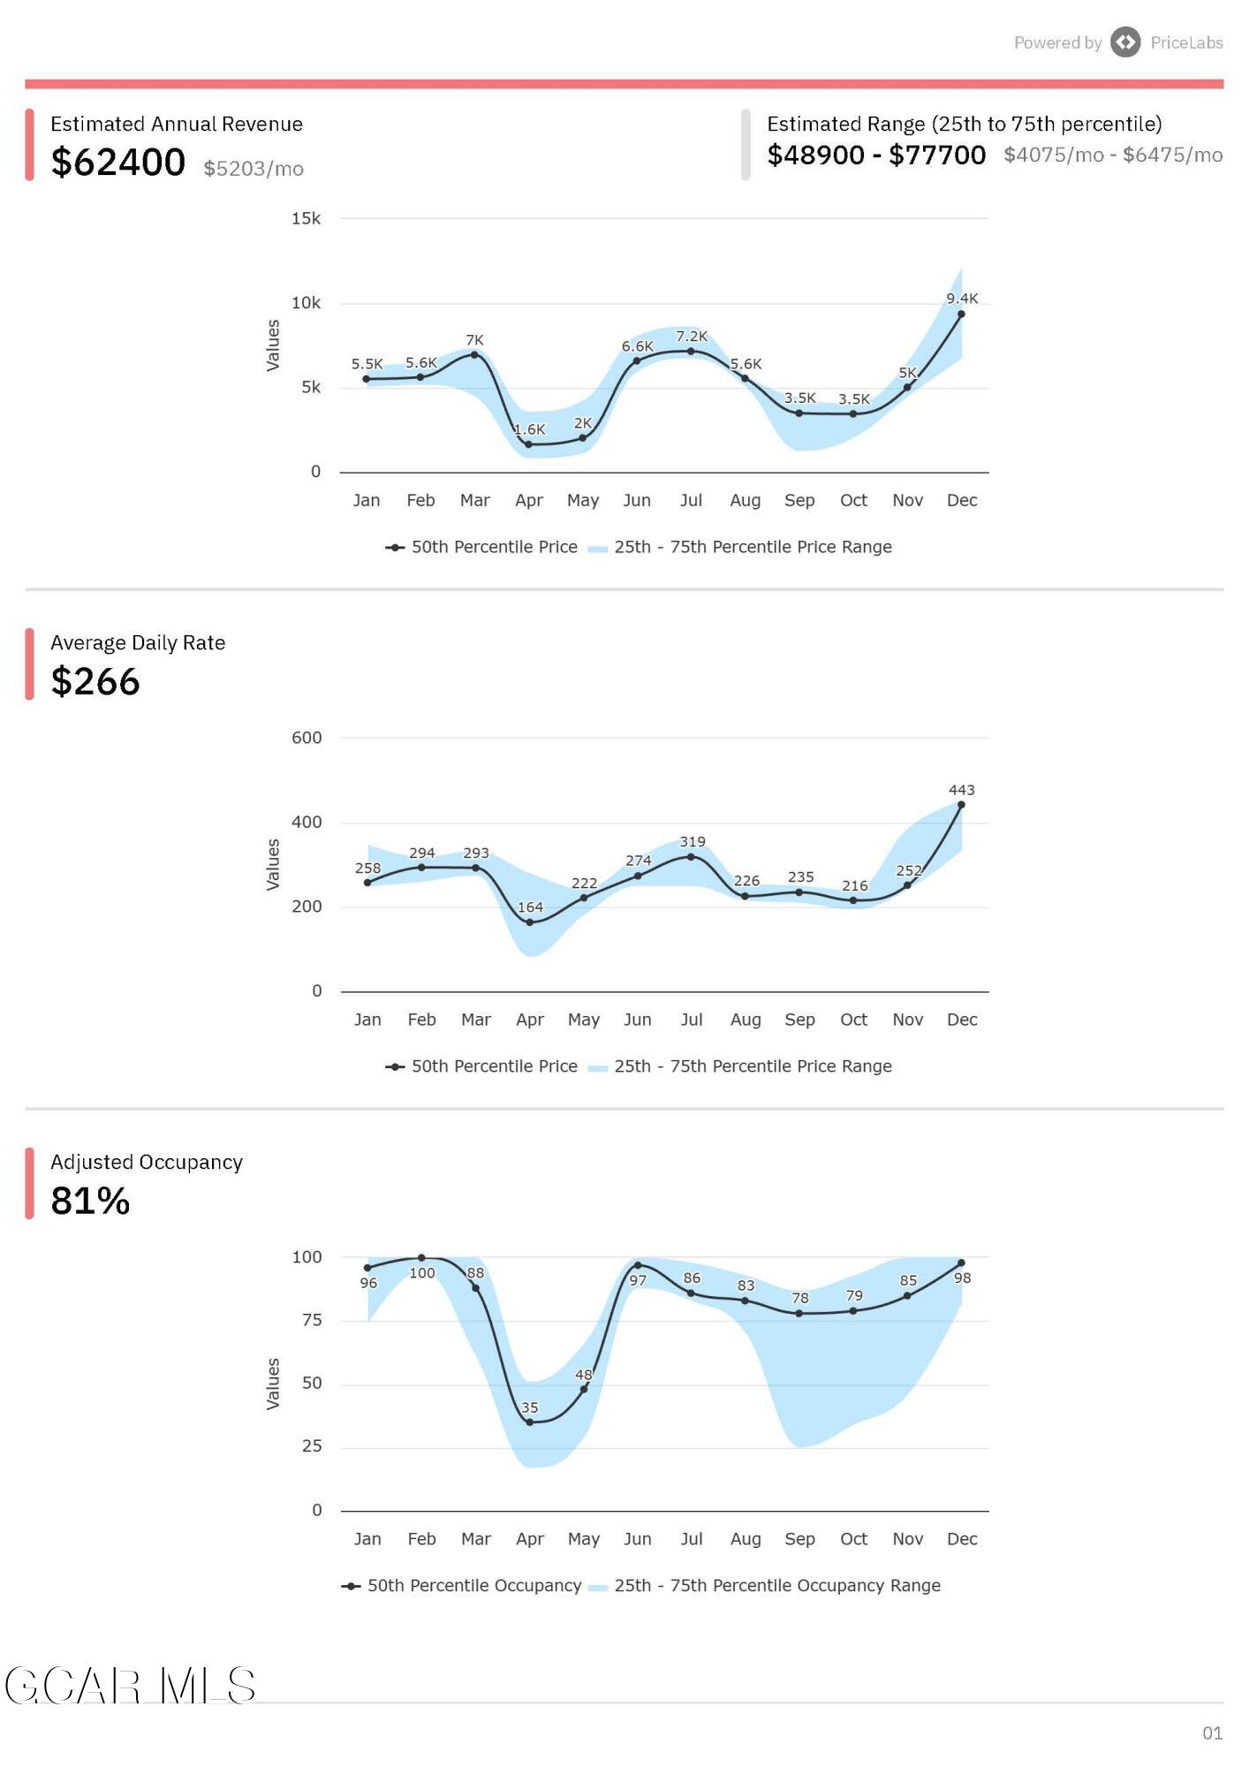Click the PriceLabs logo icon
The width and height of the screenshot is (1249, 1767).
tap(1125, 42)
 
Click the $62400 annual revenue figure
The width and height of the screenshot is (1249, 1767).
tap(118, 163)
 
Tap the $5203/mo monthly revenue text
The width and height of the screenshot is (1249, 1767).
tap(254, 169)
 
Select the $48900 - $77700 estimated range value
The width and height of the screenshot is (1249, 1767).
tap(876, 155)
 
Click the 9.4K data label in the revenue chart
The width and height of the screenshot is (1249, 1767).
tap(962, 299)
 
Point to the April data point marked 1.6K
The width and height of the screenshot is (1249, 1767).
tap(528, 444)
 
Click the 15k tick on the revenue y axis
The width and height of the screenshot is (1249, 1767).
tap(307, 218)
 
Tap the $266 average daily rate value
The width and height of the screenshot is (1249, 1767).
tap(95, 681)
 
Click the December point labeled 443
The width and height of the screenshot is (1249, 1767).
tap(961, 805)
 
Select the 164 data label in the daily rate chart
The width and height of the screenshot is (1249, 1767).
tap(530, 907)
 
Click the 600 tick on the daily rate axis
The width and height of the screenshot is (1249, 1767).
tap(307, 738)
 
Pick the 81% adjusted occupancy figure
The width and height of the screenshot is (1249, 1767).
tap(90, 1201)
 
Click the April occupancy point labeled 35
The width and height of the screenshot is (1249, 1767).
tap(529, 1422)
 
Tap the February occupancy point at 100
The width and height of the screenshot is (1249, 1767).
tap(421, 1258)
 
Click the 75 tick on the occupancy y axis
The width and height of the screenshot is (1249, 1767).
tap(313, 1320)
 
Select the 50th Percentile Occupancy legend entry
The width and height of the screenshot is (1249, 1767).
tap(462, 1586)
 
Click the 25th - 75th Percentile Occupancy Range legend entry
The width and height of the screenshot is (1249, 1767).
tap(765, 1586)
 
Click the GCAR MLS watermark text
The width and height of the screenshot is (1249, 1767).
tap(131, 1686)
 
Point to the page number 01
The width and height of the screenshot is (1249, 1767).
tap(1213, 1733)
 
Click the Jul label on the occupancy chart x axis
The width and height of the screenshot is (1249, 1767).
tap(692, 1539)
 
